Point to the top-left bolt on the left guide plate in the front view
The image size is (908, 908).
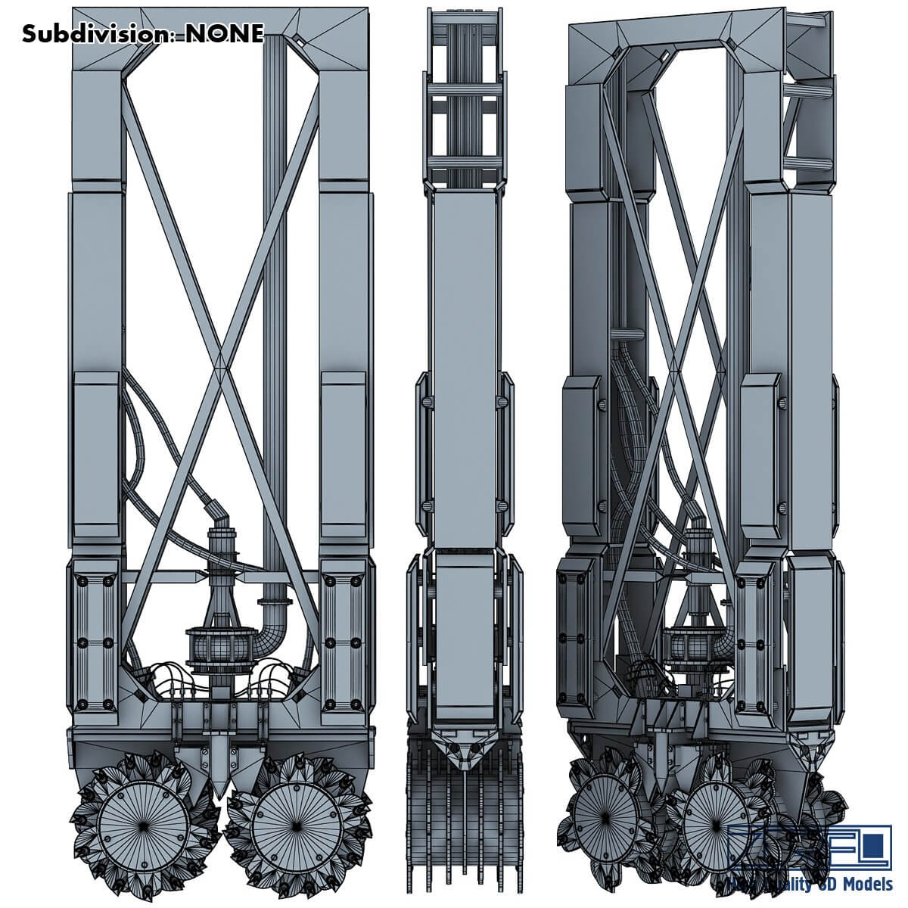point(82,581)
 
